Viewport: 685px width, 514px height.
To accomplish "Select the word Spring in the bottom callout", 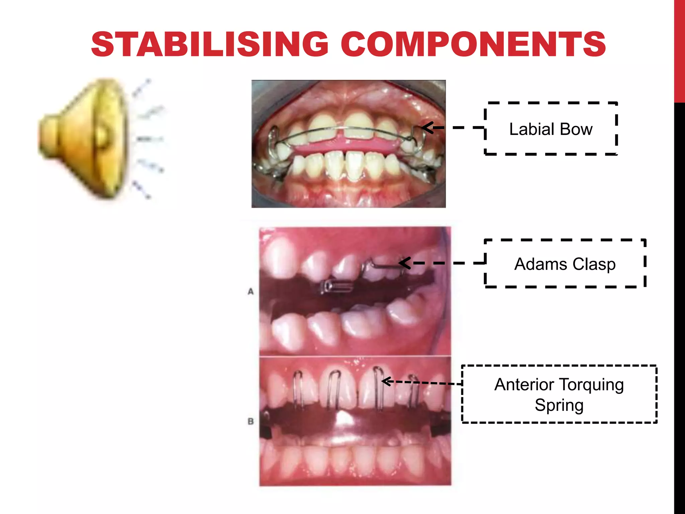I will point(559,406).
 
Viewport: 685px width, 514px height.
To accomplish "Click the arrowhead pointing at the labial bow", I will point(426,127).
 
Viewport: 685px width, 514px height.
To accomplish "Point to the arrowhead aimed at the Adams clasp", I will point(404,263).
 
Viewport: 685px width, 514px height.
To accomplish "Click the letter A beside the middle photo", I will point(251,291).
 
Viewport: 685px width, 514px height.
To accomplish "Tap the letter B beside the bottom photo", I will point(251,421).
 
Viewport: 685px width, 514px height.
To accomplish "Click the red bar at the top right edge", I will point(679,50).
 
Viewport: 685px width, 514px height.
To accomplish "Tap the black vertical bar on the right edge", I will point(679,301).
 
